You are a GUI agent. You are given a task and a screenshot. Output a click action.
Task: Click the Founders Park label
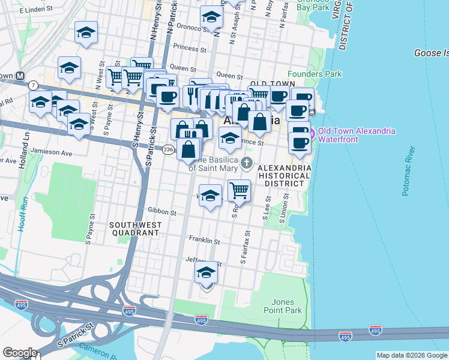pyautogui.click(x=315, y=74)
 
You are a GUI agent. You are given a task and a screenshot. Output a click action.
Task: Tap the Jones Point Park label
pyautogui.click(x=282, y=306)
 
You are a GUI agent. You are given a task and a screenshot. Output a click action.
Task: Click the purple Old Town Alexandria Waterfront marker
pyautogui.click(x=312, y=130)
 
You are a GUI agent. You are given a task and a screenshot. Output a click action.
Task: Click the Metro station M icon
pyautogui.click(x=20, y=76)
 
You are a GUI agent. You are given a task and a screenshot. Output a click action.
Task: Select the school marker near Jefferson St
pyautogui.click(x=206, y=273)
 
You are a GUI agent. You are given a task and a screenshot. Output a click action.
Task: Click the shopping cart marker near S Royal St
pyautogui.click(x=239, y=190)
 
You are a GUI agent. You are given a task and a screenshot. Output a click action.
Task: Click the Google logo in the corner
pyautogui.click(x=20, y=352)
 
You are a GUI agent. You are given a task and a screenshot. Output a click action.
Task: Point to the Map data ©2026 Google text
pyautogui.click(x=411, y=355)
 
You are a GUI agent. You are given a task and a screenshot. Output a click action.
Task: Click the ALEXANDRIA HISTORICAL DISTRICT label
pyautogui.click(x=285, y=172)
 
